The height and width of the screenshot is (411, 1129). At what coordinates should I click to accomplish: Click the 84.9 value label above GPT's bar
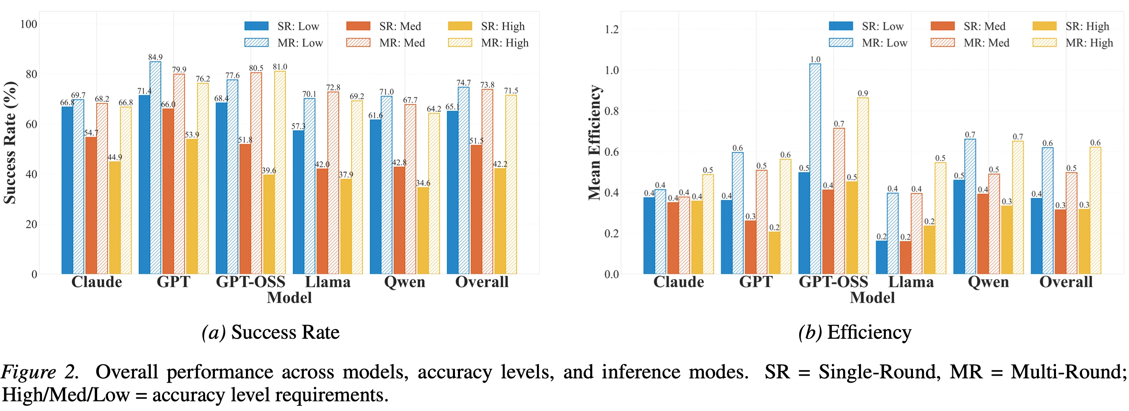[155, 57]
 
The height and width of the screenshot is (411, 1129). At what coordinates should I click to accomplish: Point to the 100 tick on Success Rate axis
[28, 24]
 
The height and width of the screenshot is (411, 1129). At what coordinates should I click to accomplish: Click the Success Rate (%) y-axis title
[10, 143]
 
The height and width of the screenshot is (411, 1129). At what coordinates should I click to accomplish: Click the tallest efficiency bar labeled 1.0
[815, 169]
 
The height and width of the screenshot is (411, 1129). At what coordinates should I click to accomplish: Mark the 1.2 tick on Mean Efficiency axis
[612, 30]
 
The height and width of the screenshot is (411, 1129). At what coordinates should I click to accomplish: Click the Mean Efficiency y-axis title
[594, 143]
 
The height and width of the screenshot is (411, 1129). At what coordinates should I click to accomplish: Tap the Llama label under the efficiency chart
[911, 282]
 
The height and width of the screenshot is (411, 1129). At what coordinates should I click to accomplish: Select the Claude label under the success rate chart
[96, 282]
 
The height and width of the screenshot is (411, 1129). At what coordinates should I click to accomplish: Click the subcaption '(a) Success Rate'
[270, 332]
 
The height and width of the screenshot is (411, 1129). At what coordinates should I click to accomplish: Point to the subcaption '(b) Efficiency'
[854, 332]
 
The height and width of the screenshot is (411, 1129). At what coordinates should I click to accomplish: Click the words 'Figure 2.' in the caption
[40, 372]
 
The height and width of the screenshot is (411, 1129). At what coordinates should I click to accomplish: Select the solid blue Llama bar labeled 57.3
[298, 202]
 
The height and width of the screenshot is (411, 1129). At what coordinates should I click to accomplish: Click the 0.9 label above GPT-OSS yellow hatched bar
[862, 93]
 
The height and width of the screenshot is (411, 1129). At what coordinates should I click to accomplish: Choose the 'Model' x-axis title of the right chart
[872, 298]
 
